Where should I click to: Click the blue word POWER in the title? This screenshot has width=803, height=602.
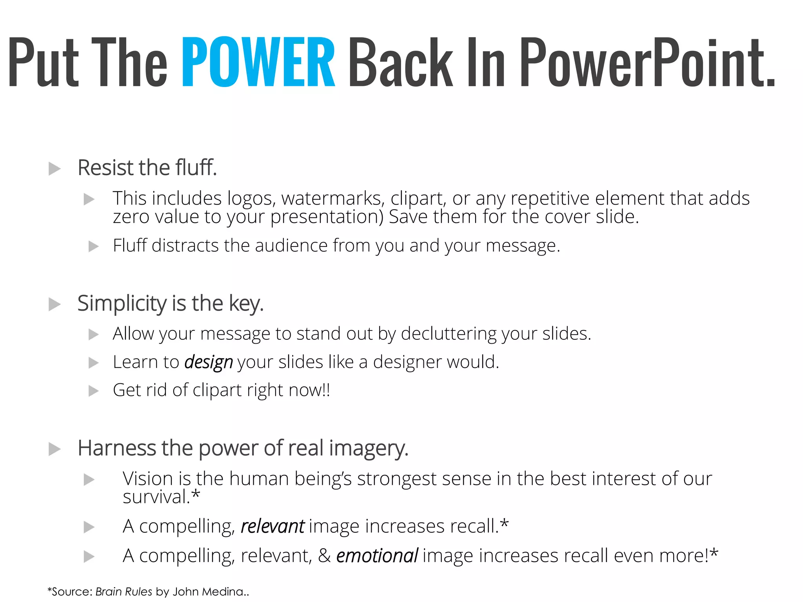[x=258, y=62]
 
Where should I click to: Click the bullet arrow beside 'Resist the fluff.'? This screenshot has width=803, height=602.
[x=55, y=169]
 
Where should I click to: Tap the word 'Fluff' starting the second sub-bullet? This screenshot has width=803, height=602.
[x=130, y=245]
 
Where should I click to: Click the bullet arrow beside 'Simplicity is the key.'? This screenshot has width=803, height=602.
[x=55, y=304]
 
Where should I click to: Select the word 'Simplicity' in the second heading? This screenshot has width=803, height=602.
[x=122, y=303]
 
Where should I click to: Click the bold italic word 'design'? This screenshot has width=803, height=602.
[x=209, y=362]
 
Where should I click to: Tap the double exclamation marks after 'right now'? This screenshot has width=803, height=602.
[x=326, y=390]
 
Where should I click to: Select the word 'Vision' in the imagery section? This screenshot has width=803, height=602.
[x=148, y=479]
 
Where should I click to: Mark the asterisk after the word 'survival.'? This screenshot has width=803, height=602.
[x=196, y=495]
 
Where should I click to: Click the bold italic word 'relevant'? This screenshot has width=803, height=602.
[x=273, y=526]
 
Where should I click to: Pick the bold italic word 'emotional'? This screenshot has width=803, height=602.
[x=377, y=556]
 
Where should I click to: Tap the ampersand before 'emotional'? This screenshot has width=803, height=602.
[x=324, y=556]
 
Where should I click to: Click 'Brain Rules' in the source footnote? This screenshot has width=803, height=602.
[x=124, y=591]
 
